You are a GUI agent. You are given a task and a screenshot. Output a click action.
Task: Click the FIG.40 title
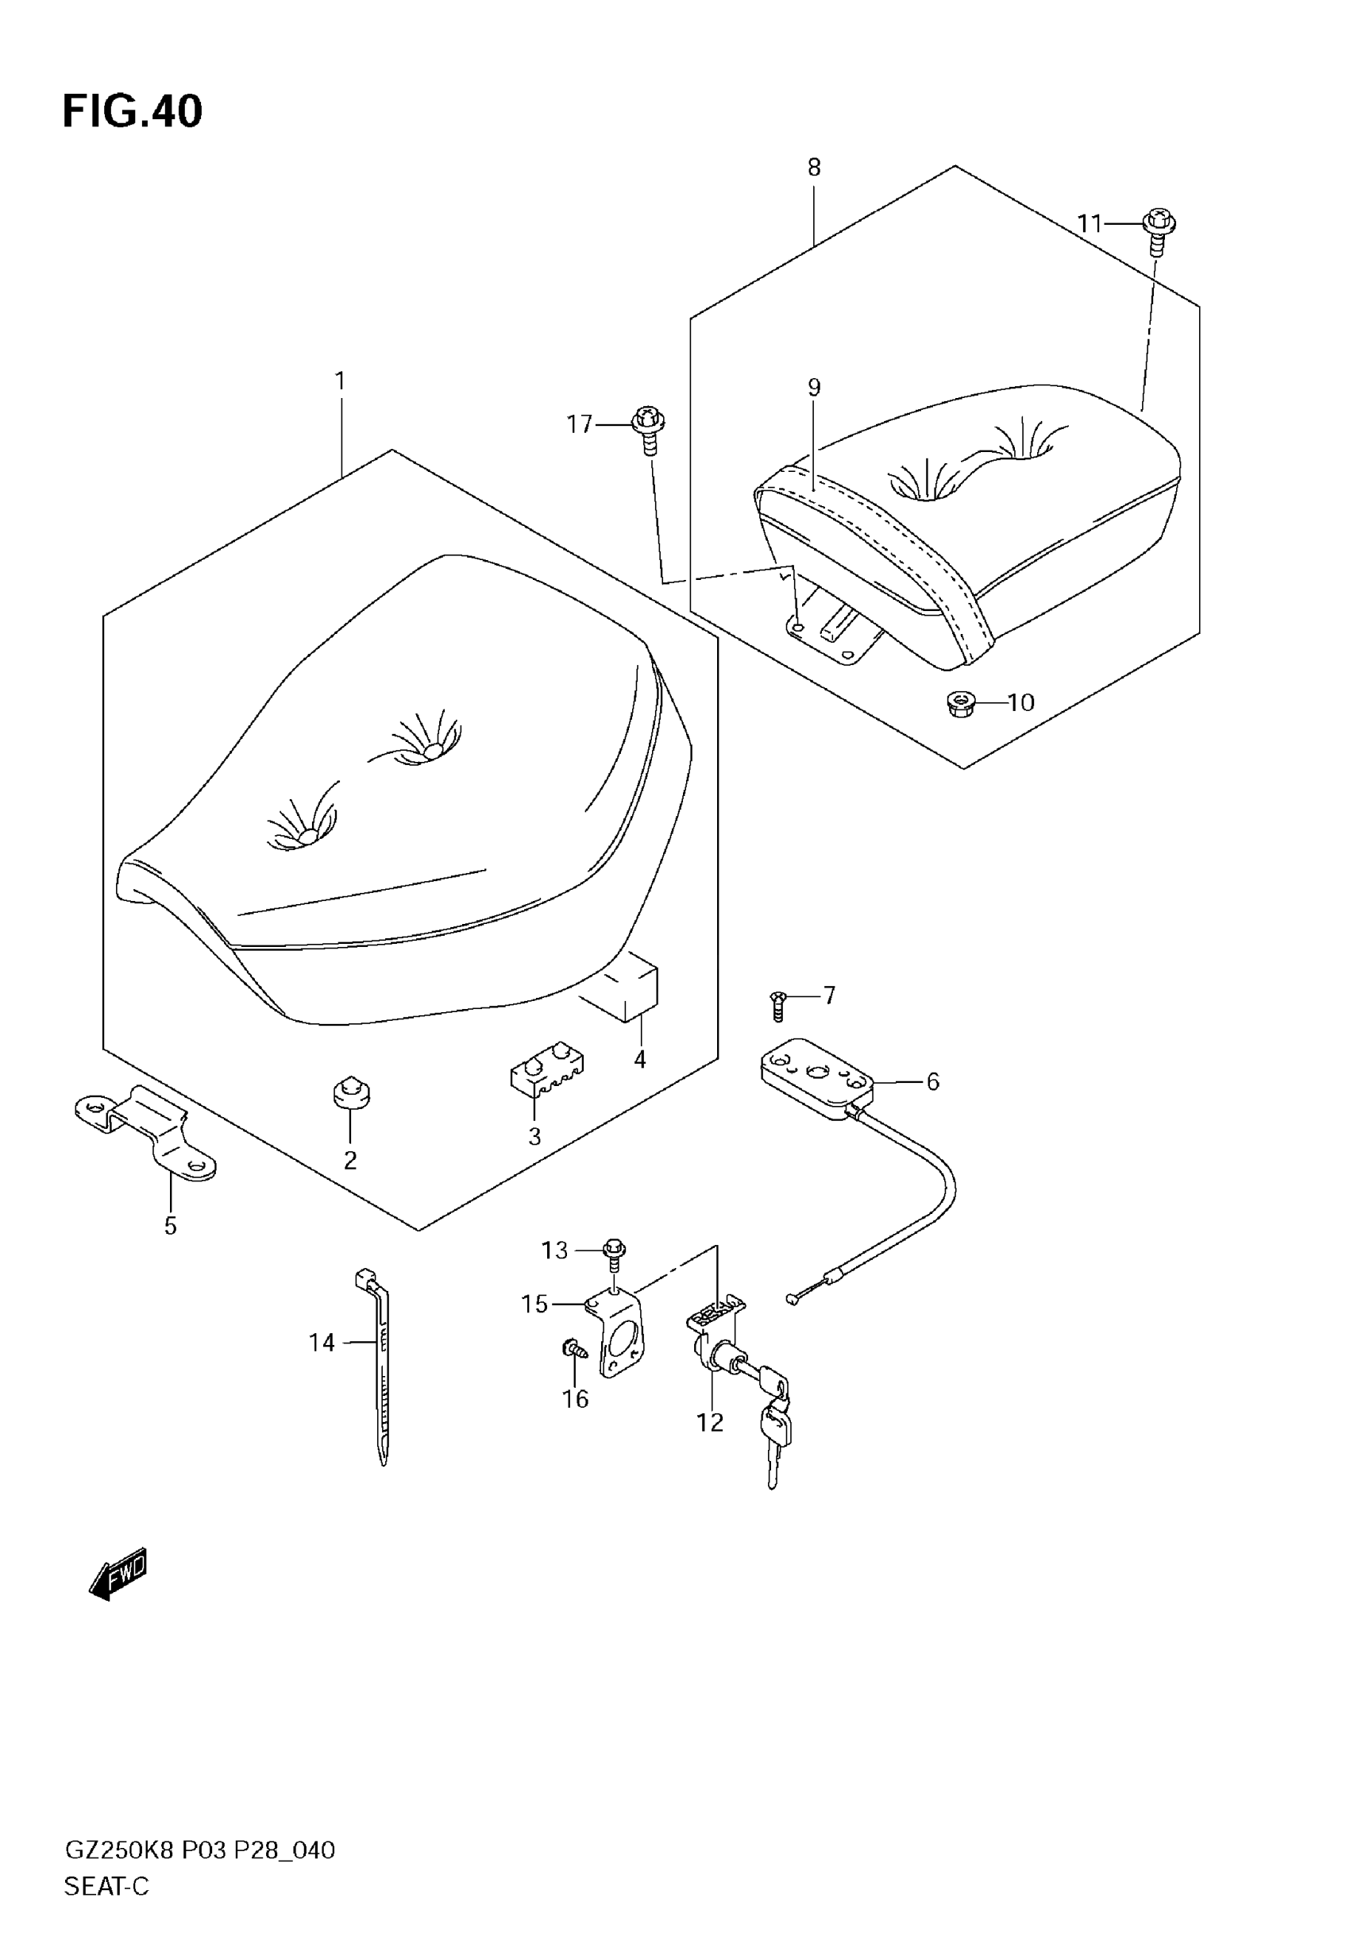pyautogui.click(x=133, y=112)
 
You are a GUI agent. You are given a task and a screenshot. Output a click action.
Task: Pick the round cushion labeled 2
pyautogui.click(x=351, y=1093)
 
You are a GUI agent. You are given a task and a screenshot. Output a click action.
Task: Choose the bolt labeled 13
pyautogui.click(x=615, y=1254)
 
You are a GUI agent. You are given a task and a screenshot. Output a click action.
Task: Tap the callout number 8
pyautogui.click(x=814, y=168)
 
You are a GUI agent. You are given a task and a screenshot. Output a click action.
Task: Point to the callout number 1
pyautogui.click(x=340, y=381)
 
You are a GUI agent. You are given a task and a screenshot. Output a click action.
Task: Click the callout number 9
pyautogui.click(x=814, y=388)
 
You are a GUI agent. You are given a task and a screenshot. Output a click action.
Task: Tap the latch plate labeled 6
pyautogui.click(x=816, y=1077)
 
